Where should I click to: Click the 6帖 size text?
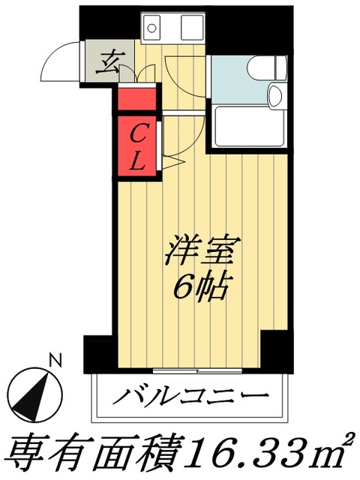(201, 286)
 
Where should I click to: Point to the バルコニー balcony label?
(190, 395)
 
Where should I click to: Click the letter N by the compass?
(54, 360)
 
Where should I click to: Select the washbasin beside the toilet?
(274, 95)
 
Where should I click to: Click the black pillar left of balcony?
(98, 352)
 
